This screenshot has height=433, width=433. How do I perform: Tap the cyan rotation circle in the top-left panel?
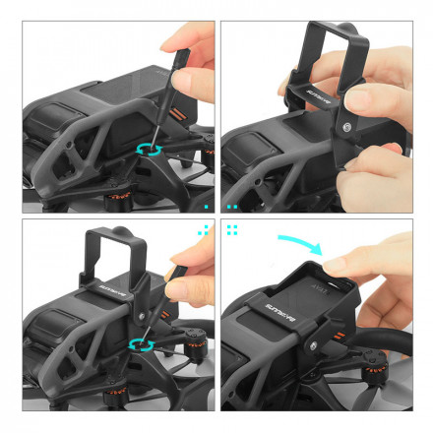pyautogui.click(x=150, y=148)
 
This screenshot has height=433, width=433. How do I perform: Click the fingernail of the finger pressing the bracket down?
pyautogui.click(x=335, y=265)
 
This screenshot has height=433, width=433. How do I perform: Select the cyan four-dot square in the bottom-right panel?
pyautogui.click(x=233, y=229)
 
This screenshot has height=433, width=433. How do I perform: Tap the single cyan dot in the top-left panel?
pyautogui.click(x=204, y=208)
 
